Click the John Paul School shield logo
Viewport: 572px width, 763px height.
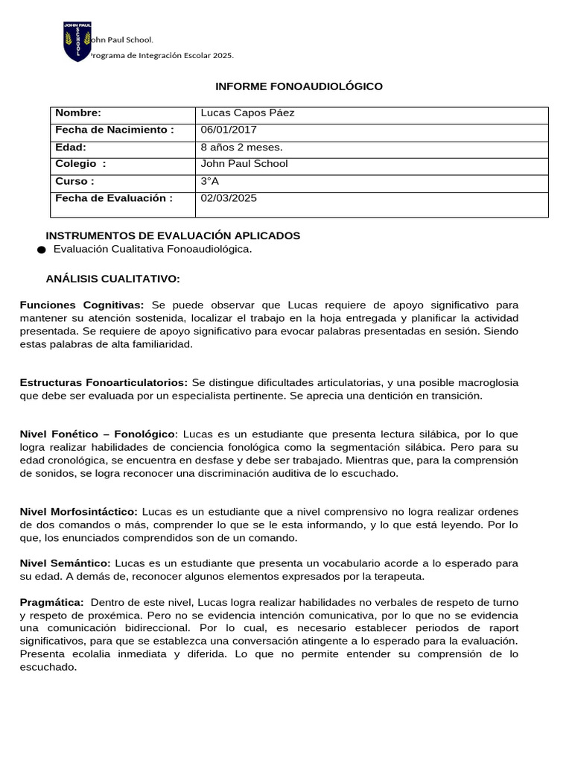point(77,42)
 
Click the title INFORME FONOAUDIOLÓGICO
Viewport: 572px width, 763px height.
point(299,86)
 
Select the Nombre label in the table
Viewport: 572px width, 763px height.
point(77,113)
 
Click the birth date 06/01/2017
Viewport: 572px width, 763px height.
point(229,130)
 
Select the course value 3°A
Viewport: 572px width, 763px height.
point(210,181)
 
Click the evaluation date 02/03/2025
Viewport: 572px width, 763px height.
point(229,198)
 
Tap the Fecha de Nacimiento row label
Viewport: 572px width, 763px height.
point(114,130)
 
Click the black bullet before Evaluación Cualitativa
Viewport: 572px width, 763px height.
point(41,250)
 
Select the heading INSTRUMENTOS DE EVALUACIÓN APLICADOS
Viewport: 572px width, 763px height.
point(173,235)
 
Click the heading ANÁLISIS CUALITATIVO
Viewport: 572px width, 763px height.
point(112,279)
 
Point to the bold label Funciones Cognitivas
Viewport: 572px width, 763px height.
point(82,305)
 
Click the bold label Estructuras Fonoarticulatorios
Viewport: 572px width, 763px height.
point(104,382)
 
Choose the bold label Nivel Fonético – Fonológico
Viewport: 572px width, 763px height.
point(98,434)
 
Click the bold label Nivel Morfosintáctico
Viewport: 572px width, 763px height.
point(79,511)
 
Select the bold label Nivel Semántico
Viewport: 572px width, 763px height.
point(66,563)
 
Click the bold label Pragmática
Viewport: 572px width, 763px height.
point(51,602)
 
